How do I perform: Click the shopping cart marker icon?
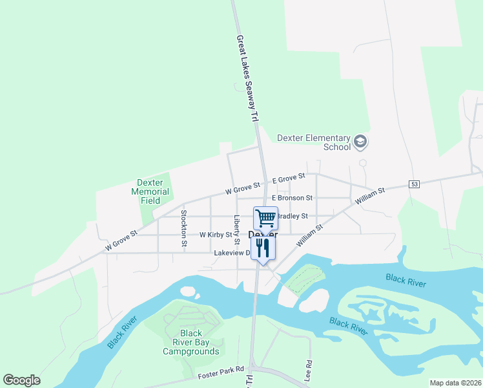pyautogui.click(x=265, y=218)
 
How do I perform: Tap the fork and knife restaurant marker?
pyautogui.click(x=262, y=248)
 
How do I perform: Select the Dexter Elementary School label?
pyautogui.click(x=313, y=142)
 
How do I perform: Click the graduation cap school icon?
pyautogui.click(x=360, y=142)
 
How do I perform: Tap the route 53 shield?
pyautogui.click(x=415, y=184)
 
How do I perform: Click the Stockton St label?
pyautogui.click(x=184, y=228)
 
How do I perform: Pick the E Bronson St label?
pyautogui.click(x=292, y=198)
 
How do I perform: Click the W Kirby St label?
pyautogui.click(x=216, y=235)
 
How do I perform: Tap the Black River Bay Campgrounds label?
pyautogui.click(x=190, y=343)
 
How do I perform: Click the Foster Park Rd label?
pyautogui.click(x=221, y=369)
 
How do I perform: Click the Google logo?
pyautogui.click(x=21, y=380)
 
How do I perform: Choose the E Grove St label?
pyautogui.click(x=288, y=178)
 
